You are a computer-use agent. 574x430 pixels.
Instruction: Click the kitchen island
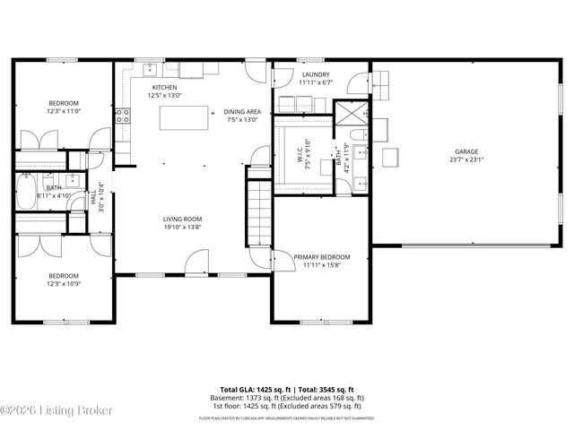pyautogui.click(x=177, y=118)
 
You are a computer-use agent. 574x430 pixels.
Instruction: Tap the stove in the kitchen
pyautogui.click(x=123, y=115)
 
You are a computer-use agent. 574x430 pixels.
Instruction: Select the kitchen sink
pyautogui.click(x=149, y=69)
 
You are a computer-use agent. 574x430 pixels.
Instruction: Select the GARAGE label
pyautogui.click(x=466, y=151)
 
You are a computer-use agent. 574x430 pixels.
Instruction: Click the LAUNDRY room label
pyautogui.click(x=315, y=74)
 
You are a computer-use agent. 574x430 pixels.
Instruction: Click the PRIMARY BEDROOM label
pyautogui.click(x=321, y=257)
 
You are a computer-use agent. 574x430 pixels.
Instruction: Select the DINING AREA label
pyautogui.click(x=242, y=111)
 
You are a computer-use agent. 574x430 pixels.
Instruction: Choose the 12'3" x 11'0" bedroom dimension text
pyautogui.click(x=64, y=111)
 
